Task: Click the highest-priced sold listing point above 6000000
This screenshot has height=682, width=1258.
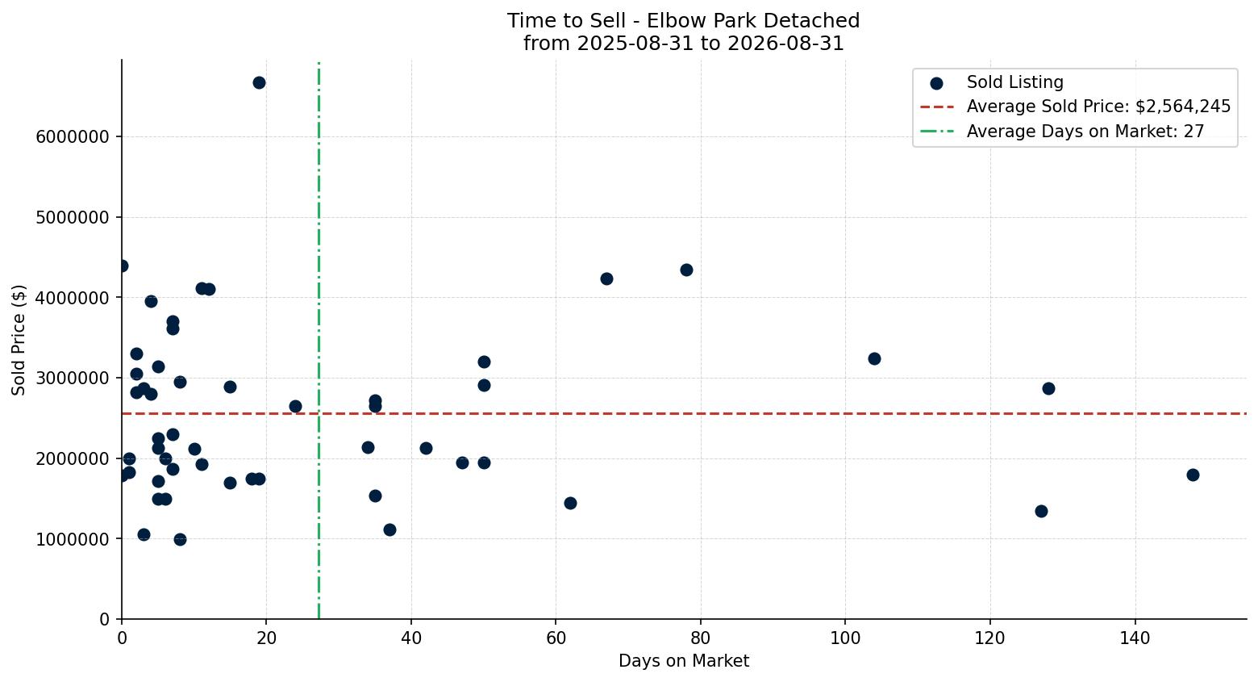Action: pos(259,82)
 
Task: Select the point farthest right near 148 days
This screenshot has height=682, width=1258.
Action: pos(1193,475)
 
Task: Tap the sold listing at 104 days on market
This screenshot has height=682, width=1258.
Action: pos(874,358)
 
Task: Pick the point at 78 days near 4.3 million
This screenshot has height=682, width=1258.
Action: pos(686,270)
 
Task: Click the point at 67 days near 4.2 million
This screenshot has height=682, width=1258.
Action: pos(606,279)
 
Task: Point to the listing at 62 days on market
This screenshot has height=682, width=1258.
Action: pos(570,503)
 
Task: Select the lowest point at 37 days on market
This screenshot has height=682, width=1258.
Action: pos(389,529)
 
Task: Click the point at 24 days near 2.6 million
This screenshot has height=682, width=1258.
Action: pos(295,407)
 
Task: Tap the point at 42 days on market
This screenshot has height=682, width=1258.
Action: pos(426,448)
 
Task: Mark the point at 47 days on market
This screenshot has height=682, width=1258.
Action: pos(462,462)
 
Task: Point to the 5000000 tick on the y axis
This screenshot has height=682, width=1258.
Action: pos(73,217)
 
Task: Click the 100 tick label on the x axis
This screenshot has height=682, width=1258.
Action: pos(845,638)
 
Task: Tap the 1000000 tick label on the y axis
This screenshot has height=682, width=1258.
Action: pos(73,539)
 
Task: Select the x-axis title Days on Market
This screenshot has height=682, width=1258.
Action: pos(684,661)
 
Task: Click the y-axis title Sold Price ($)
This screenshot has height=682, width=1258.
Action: pos(19,340)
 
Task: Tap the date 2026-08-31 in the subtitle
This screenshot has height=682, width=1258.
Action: pos(785,44)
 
